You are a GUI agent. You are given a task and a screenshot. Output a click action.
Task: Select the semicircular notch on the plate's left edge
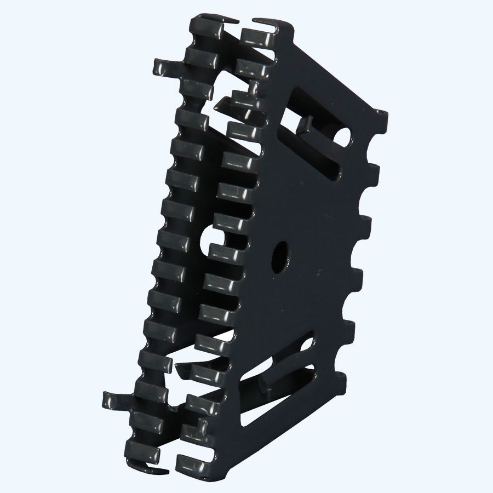(211, 239)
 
